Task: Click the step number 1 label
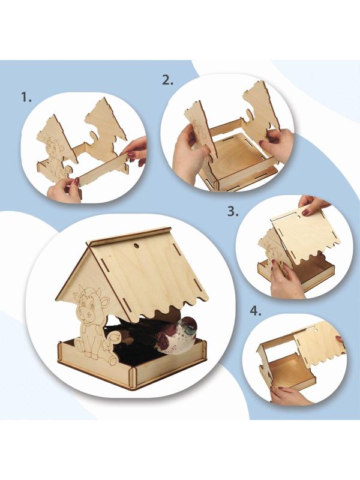pos(26,97)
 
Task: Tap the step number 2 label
pos(167,80)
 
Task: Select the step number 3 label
pos(233,212)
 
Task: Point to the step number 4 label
pos(256,311)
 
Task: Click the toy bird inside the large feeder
pos(175,337)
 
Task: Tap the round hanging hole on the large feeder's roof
pos(136,246)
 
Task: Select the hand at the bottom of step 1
pos(64,190)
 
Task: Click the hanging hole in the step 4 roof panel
pos(313,331)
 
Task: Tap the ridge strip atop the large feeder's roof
pos(128,235)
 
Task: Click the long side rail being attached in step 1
pos(101,170)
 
